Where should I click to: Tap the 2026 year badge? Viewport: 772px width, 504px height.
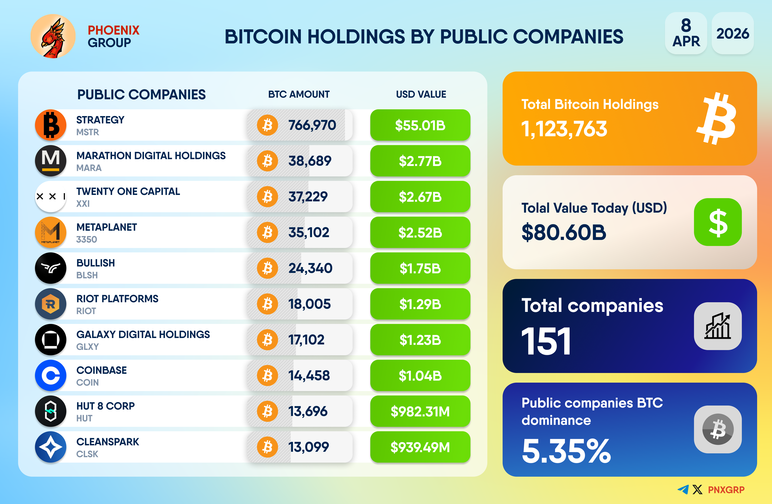[x=732, y=33]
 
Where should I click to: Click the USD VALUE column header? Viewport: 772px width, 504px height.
[x=421, y=94]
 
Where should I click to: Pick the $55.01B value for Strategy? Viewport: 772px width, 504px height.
[x=420, y=125]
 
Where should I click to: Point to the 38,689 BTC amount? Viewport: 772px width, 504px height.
[x=310, y=161]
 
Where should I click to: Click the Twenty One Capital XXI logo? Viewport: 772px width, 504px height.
[x=51, y=197]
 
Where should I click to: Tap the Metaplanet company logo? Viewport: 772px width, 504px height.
[x=51, y=232]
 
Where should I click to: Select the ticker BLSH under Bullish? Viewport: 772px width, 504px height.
[x=87, y=275]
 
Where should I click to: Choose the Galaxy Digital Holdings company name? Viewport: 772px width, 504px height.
[x=143, y=334]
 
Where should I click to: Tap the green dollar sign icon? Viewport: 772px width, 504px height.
[x=718, y=222]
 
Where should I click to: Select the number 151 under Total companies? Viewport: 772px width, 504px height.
[x=546, y=341]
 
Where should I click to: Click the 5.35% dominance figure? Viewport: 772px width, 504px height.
[x=566, y=451]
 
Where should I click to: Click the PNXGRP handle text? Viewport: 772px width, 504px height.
[x=726, y=490]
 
